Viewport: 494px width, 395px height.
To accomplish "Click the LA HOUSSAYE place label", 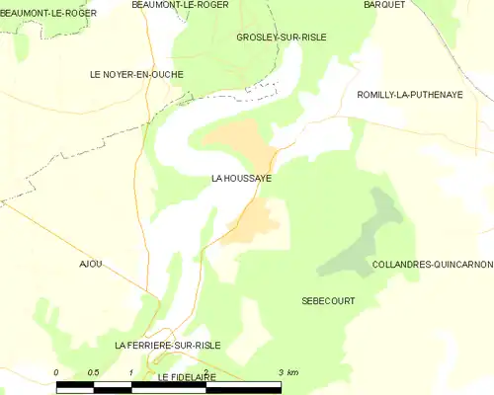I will pyautogui.click(x=242, y=180).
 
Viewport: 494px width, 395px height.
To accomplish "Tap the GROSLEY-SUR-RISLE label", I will pyautogui.click(x=282, y=38).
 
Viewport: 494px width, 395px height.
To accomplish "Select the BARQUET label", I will pyautogui.click(x=384, y=5).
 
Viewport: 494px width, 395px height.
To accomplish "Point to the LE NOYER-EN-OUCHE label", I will pyautogui.click(x=136, y=74).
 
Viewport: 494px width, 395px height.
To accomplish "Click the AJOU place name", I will pyautogui.click(x=91, y=264).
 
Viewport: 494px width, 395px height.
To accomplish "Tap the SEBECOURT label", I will pyautogui.click(x=328, y=300).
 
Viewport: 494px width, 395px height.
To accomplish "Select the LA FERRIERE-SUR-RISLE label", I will pyautogui.click(x=167, y=346).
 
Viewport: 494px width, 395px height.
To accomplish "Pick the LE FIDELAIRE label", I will pyautogui.click(x=187, y=378).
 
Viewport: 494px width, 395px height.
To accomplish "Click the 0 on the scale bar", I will pyautogui.click(x=57, y=372).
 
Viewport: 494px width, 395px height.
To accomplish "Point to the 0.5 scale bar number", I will pyautogui.click(x=92, y=372).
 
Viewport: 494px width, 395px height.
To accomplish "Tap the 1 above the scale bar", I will pyautogui.click(x=131, y=372).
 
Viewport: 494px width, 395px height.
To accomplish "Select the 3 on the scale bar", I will pyautogui.click(x=282, y=372).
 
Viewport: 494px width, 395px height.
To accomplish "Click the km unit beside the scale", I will pyautogui.click(x=294, y=372).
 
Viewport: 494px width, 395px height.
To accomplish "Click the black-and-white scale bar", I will pyautogui.click(x=169, y=388).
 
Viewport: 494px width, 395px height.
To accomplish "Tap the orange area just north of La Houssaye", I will pyautogui.click(x=242, y=141).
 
